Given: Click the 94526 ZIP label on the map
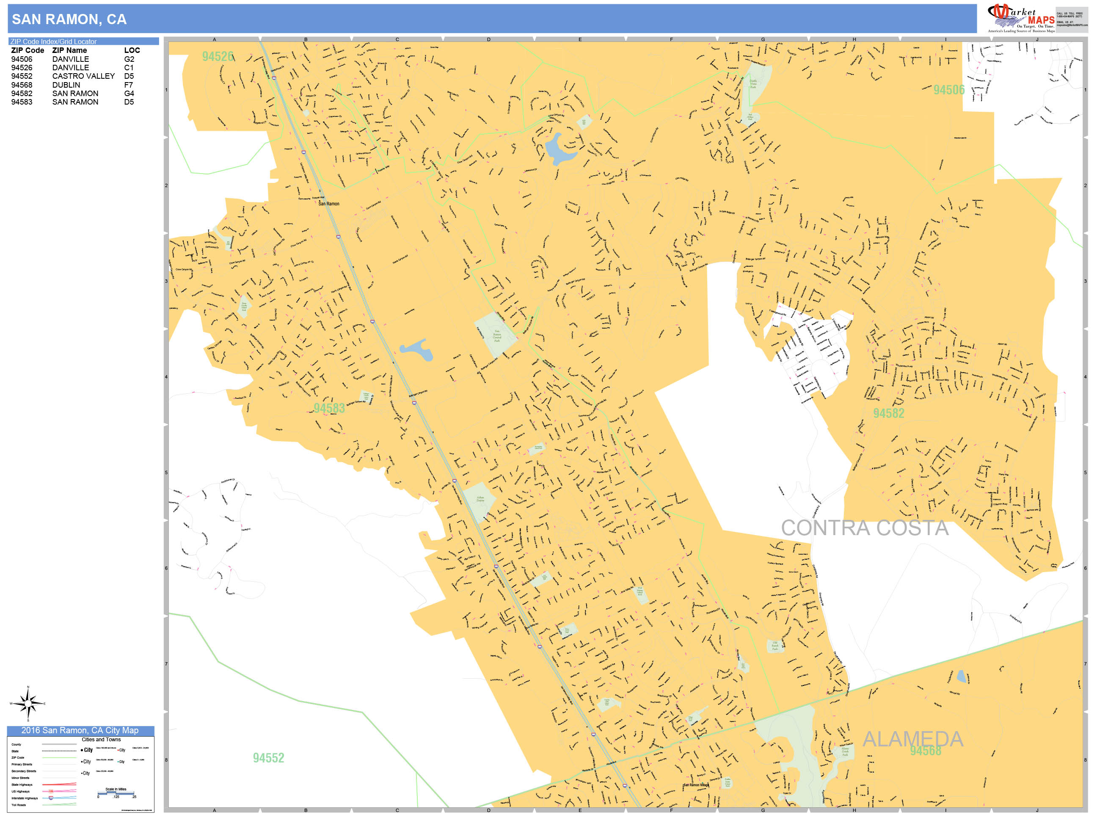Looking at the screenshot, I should coord(218,57).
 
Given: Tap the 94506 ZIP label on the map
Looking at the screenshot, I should coord(949,90).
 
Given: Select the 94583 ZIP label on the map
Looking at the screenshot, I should coord(329,408).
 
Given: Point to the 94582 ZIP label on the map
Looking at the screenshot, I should coord(889,413).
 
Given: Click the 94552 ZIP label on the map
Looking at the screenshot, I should coord(268,758).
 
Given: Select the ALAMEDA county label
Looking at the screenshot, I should coord(912,739).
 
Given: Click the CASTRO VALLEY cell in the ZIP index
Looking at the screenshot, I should coord(83,76).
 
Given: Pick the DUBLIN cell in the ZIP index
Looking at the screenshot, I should coord(66,85).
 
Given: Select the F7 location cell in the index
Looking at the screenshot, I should coord(128,85).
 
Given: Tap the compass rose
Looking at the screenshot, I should coord(28,704).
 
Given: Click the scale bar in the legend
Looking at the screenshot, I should coord(116,793).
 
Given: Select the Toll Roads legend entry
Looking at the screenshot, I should coord(19,805).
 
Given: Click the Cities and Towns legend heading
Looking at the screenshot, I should coord(101,740).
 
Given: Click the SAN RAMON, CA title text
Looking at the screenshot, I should coord(69,19).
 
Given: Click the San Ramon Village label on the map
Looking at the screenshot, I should coord(696,785).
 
